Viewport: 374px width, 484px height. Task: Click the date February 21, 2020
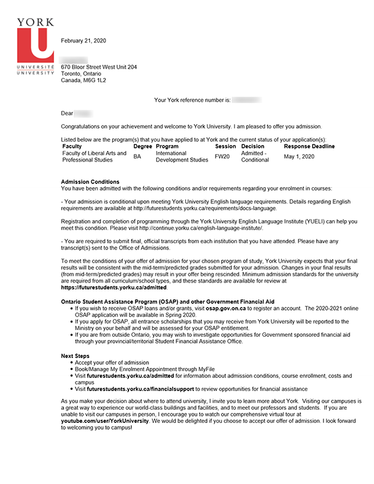point(84,41)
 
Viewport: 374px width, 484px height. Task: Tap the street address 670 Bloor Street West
point(98,67)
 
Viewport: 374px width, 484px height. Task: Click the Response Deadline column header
point(309,146)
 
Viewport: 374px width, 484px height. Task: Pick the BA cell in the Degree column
point(137,157)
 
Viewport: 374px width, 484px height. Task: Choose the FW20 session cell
point(222,157)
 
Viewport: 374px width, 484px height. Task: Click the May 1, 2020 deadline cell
point(299,156)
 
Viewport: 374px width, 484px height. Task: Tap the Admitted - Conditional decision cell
point(255,157)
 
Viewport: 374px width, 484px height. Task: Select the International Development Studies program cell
point(181,157)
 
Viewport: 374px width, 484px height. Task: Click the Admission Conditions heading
point(90,181)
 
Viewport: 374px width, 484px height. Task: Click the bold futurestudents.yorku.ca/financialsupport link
point(140,388)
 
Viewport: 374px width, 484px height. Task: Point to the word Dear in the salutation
point(67,114)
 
